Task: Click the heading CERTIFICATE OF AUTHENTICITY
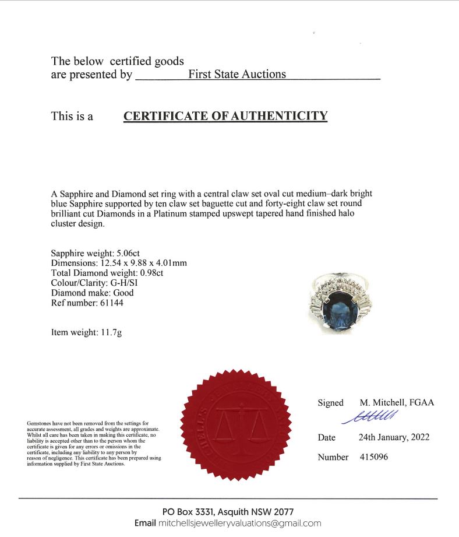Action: tap(225, 116)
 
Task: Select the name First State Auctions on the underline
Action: tap(237, 75)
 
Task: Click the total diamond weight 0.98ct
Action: tap(159, 273)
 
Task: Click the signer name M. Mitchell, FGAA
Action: tap(397, 403)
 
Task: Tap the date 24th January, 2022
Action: tap(394, 437)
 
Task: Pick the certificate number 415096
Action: tap(373, 457)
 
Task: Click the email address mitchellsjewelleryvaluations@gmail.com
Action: tap(240, 523)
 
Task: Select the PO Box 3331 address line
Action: tap(228, 511)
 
